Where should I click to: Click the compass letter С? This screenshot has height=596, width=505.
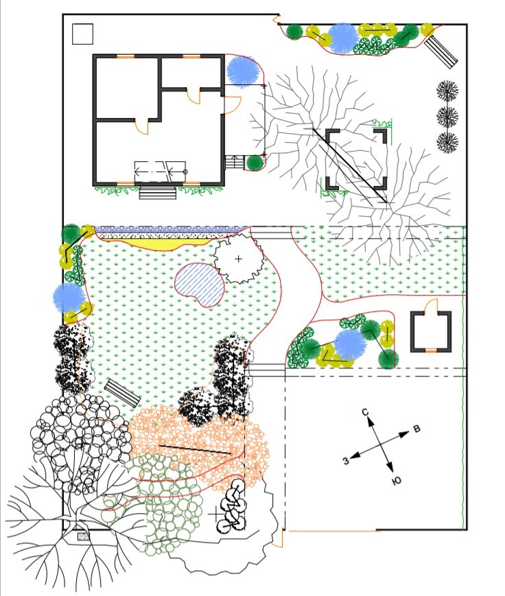[x=365, y=412]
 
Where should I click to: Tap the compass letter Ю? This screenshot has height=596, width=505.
[x=396, y=481]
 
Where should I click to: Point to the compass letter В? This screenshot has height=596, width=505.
[x=416, y=429]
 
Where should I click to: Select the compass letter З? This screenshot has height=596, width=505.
[x=346, y=461]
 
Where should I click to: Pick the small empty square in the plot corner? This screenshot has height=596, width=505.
[x=82, y=34]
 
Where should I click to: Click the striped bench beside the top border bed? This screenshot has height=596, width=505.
[x=441, y=52]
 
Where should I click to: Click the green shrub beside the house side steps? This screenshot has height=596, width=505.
[x=255, y=163]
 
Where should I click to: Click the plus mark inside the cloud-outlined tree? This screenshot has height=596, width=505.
[x=238, y=259]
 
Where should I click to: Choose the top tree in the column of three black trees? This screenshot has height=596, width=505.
[x=447, y=91]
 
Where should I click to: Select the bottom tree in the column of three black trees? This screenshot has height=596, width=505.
[x=447, y=142]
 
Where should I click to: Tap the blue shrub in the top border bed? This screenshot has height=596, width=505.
[x=343, y=38]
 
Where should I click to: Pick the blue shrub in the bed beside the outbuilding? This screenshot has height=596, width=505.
[x=350, y=344]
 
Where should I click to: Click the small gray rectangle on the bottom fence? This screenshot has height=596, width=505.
[x=83, y=537]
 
